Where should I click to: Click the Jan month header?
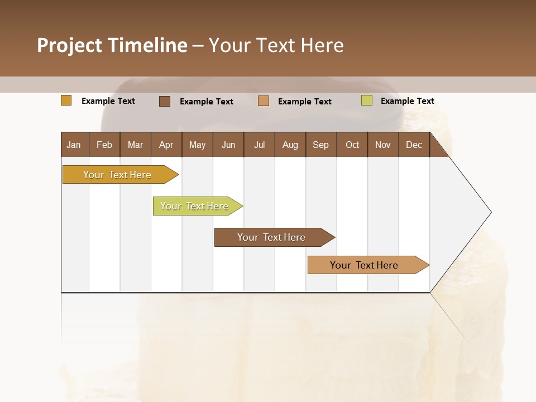pyautogui.click(x=74, y=145)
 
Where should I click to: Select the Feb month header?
pyautogui.click(x=104, y=145)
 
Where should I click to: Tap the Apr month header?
pyautogui.click(x=166, y=145)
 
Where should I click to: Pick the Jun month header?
pyautogui.click(x=228, y=145)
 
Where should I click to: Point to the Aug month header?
pyautogui.click(x=290, y=145)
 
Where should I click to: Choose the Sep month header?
pyautogui.click(x=321, y=145)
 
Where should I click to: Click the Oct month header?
pyautogui.click(x=352, y=145)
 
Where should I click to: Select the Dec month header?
pyautogui.click(x=414, y=145)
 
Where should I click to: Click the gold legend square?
pyautogui.click(x=66, y=100)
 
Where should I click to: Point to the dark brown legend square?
pyautogui.click(x=165, y=101)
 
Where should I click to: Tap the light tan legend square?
pyautogui.click(x=264, y=101)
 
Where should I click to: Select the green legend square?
pyautogui.click(x=367, y=100)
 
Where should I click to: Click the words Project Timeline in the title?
pyautogui.click(x=112, y=45)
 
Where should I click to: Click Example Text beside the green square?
pyautogui.click(x=408, y=101)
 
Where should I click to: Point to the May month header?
pyautogui.click(x=197, y=145)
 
